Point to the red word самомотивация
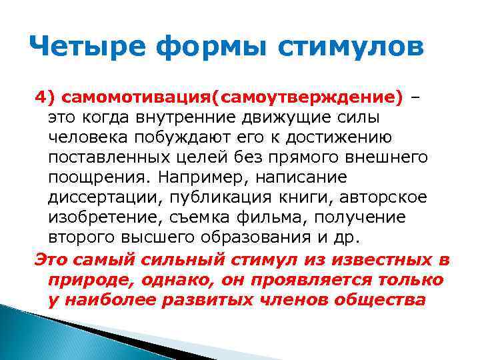pyautogui.click(x=134, y=99)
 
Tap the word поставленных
pyautogui.click(x=105, y=158)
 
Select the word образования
pyautogui.click(x=250, y=238)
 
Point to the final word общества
pyautogui.click(x=385, y=299)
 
